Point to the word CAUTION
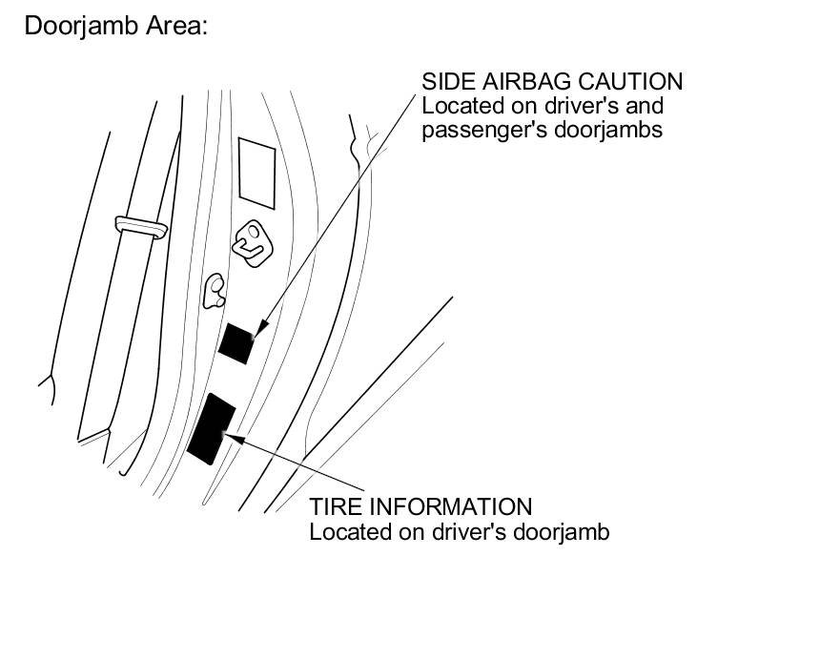click(x=635, y=81)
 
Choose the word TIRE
click(x=336, y=506)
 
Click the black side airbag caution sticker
click(x=236, y=342)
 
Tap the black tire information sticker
click(x=212, y=428)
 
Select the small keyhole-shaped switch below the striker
click(x=214, y=291)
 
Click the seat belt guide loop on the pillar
click(x=142, y=226)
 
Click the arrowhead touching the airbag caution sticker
click(x=256, y=330)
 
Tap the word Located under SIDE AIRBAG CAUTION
click(x=460, y=105)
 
